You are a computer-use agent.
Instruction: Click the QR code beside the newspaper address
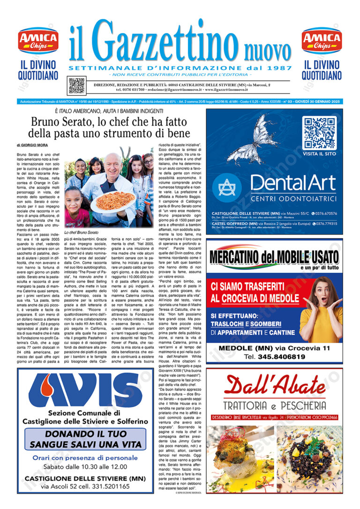coord(76,86)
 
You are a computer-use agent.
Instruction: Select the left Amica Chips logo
coord(38,41)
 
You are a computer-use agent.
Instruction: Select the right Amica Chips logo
coord(322,41)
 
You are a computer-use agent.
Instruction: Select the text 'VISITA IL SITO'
coord(320,154)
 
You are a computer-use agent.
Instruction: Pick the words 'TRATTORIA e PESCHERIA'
coord(274,405)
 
